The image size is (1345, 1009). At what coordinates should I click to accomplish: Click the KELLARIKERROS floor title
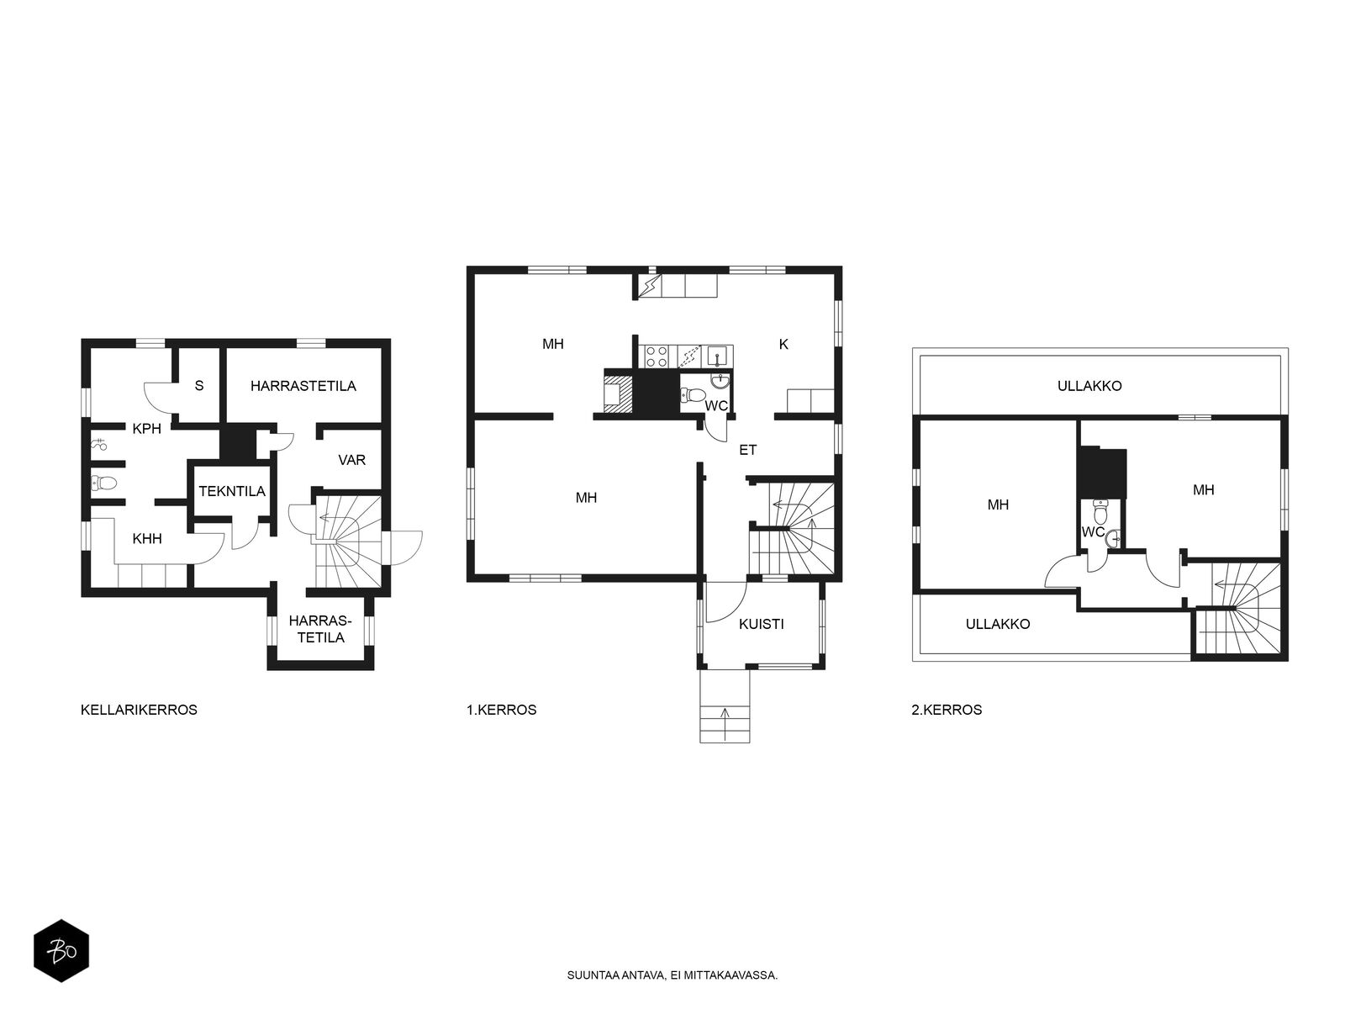(139, 710)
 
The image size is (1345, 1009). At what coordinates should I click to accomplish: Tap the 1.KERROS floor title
(501, 710)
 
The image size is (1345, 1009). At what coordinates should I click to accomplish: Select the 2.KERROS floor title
(947, 710)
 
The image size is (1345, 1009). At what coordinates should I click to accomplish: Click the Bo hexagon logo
(61, 951)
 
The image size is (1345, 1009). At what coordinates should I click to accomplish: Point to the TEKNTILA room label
(232, 491)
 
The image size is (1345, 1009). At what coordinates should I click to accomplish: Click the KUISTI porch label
(761, 624)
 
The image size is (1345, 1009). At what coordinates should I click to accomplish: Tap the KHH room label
(147, 538)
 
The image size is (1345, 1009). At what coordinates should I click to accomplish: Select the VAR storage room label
(351, 459)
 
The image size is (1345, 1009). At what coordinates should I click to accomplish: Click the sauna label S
(199, 385)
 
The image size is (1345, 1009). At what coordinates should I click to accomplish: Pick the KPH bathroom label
(147, 428)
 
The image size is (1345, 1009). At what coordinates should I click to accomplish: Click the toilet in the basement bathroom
(103, 484)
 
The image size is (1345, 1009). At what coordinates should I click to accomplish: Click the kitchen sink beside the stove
(718, 356)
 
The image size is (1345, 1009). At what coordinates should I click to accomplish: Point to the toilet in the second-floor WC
(1100, 510)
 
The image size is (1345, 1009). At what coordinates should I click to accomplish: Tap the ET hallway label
(747, 450)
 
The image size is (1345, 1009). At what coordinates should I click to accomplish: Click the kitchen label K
(783, 344)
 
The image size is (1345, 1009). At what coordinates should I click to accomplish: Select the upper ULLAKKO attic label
(1089, 385)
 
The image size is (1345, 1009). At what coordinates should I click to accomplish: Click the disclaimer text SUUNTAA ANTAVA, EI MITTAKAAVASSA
(672, 975)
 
